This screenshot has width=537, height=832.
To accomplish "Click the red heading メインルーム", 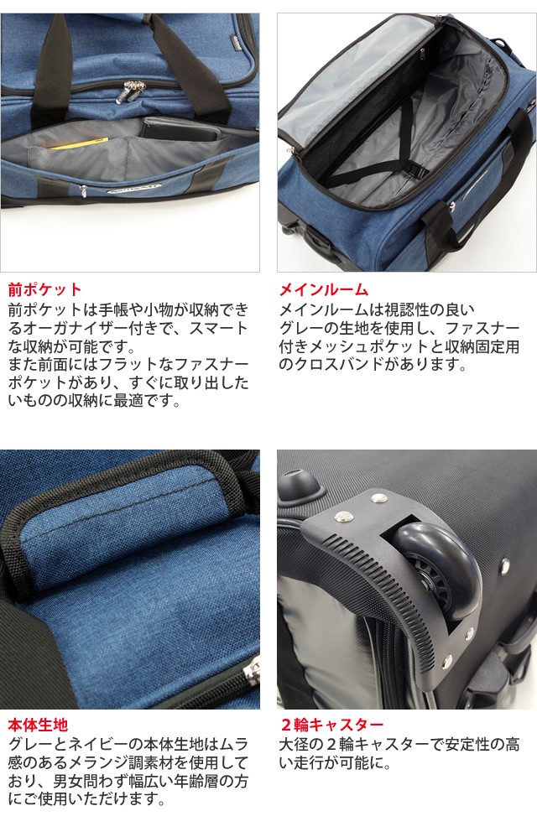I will coord(323,289).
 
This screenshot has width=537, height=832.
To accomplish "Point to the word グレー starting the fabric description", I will coord(26,743).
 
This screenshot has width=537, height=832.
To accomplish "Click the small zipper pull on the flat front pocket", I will coord(83,190).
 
